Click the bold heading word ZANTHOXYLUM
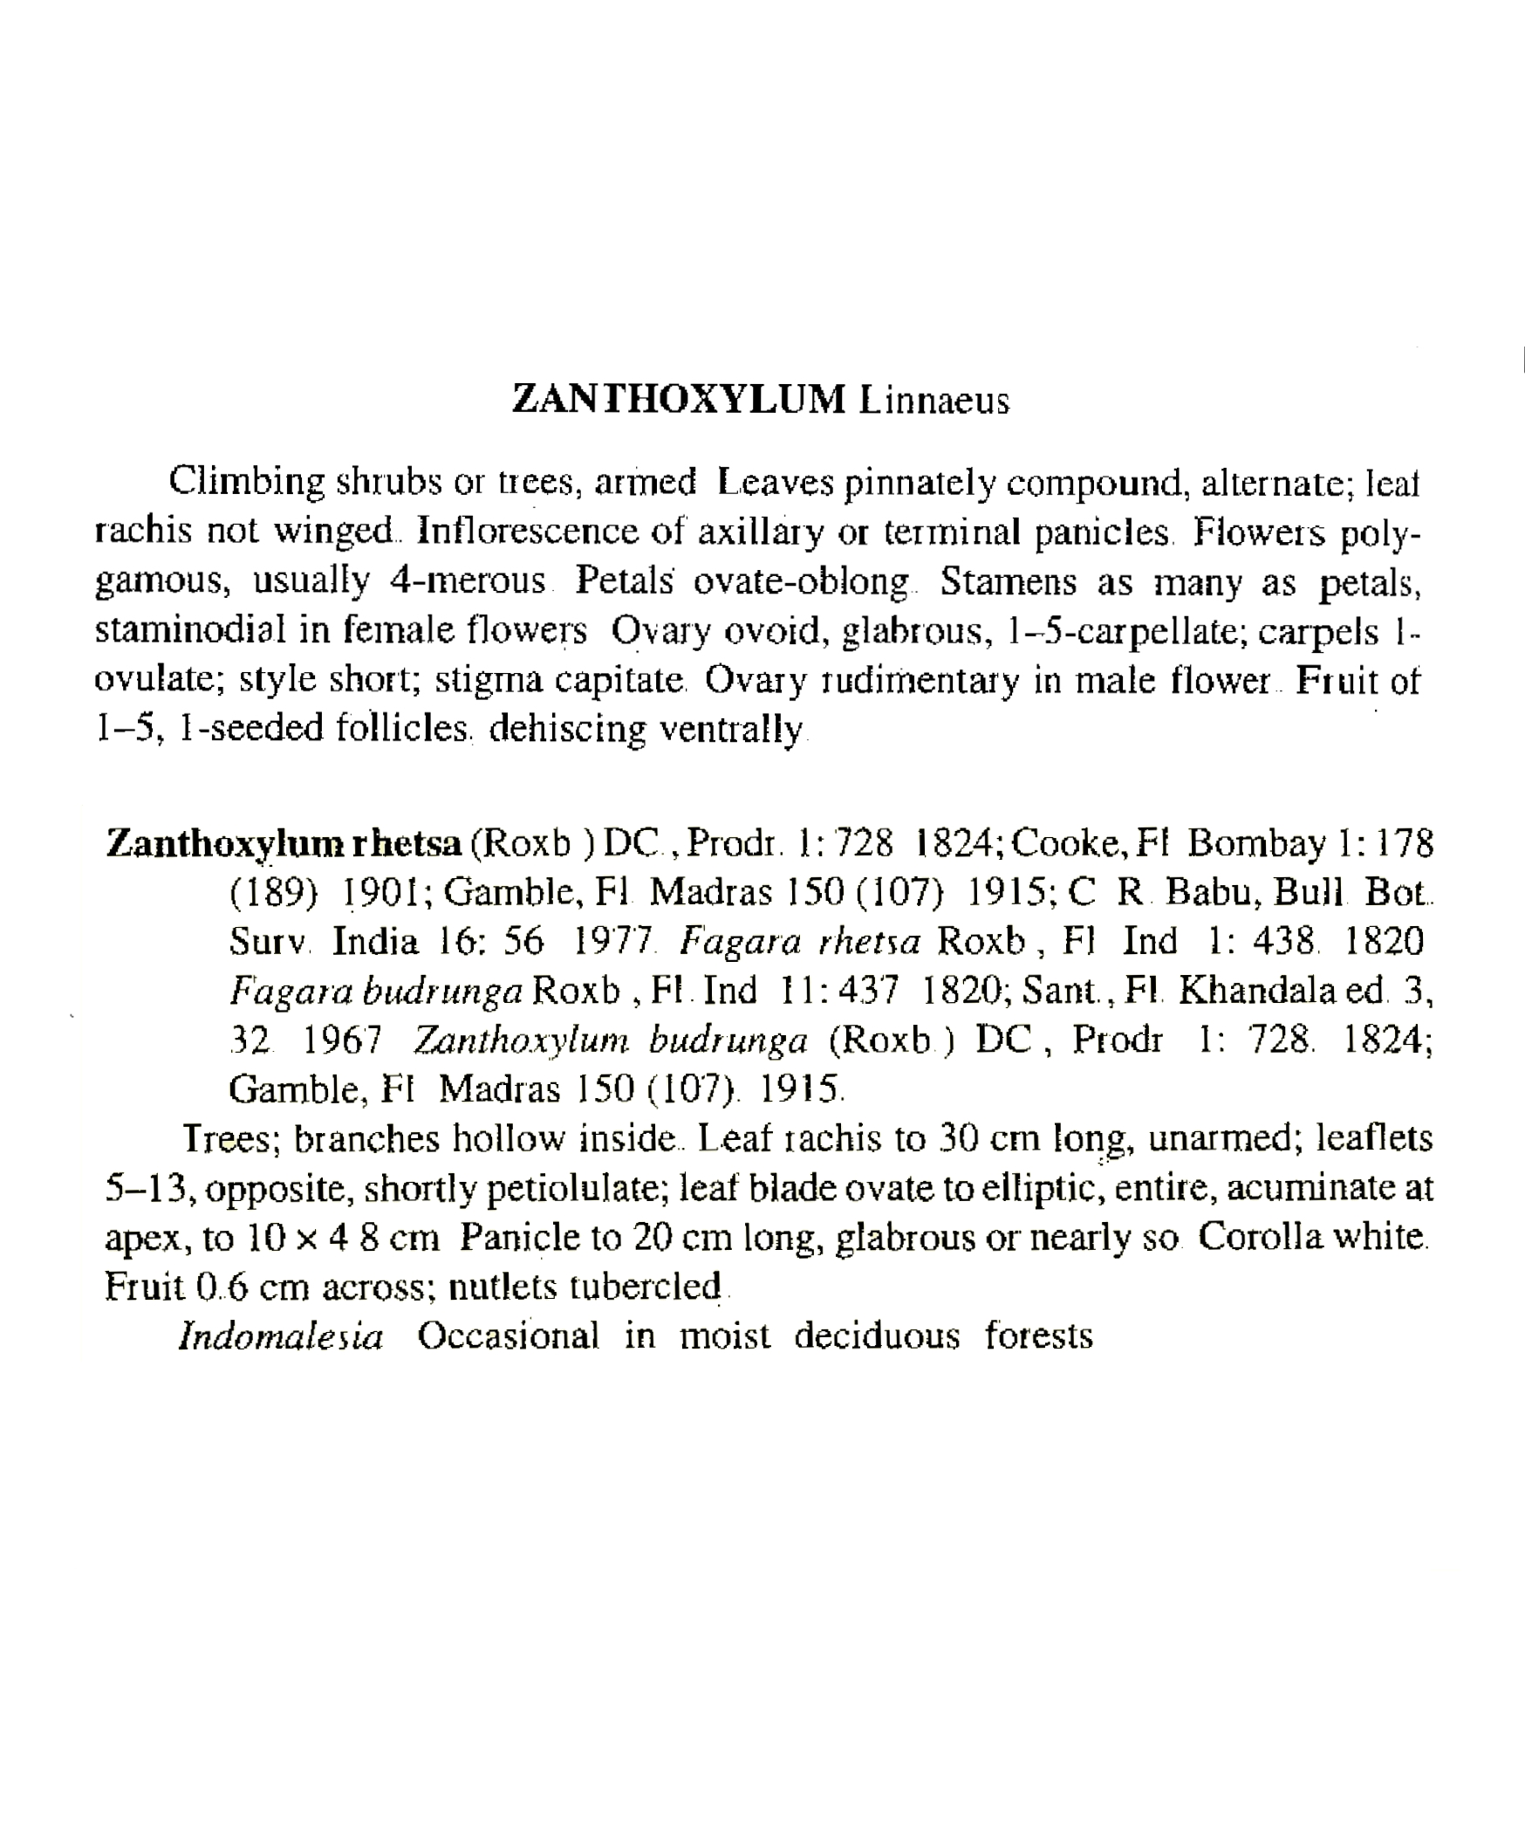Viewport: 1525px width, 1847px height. (678, 399)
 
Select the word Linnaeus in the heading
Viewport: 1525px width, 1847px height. (934, 401)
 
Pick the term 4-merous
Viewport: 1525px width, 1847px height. (467, 580)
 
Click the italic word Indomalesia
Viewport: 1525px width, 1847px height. (281, 1335)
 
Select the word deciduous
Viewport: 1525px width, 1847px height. (877, 1335)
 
